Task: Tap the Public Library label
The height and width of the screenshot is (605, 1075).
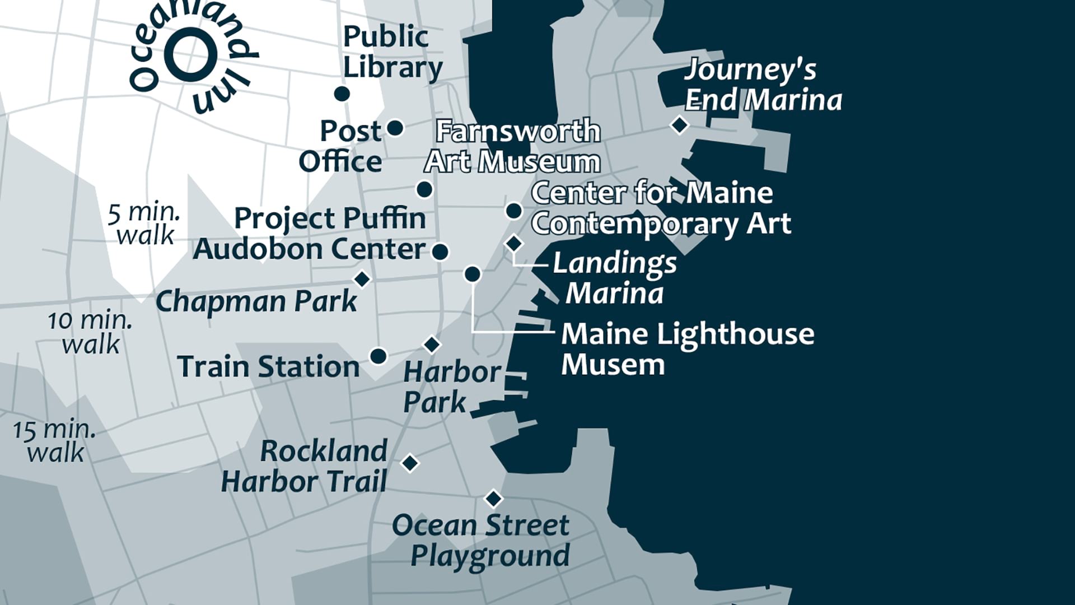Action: [x=392, y=52]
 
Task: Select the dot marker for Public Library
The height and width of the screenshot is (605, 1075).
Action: [x=342, y=94]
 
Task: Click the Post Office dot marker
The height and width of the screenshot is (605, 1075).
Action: [x=395, y=128]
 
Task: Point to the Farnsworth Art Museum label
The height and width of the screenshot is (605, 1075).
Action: [x=512, y=146]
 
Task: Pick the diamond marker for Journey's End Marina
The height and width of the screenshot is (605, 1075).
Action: [x=679, y=125]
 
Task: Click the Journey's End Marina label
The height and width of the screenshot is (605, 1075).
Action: [x=763, y=85]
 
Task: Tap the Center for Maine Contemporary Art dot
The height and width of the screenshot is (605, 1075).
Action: [x=514, y=211]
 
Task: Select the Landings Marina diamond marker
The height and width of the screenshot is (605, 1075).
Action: [x=514, y=244]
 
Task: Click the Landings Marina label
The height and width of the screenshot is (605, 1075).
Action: [x=615, y=278]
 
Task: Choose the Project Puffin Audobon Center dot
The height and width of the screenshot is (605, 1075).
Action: [x=440, y=252]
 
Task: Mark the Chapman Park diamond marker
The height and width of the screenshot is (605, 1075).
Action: [x=362, y=278]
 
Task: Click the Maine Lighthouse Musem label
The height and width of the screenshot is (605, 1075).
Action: [x=687, y=348]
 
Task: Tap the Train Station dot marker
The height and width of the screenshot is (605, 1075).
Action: [x=378, y=356]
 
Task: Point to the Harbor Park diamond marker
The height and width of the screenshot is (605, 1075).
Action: [x=431, y=345]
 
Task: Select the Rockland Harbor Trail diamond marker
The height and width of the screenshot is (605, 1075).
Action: [x=410, y=463]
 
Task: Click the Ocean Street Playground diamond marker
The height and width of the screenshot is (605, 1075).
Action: [x=493, y=498]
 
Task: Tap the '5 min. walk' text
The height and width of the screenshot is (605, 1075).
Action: [x=144, y=224]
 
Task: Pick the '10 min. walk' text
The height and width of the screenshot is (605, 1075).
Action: [x=90, y=332]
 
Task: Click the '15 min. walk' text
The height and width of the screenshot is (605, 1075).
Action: [x=55, y=441]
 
